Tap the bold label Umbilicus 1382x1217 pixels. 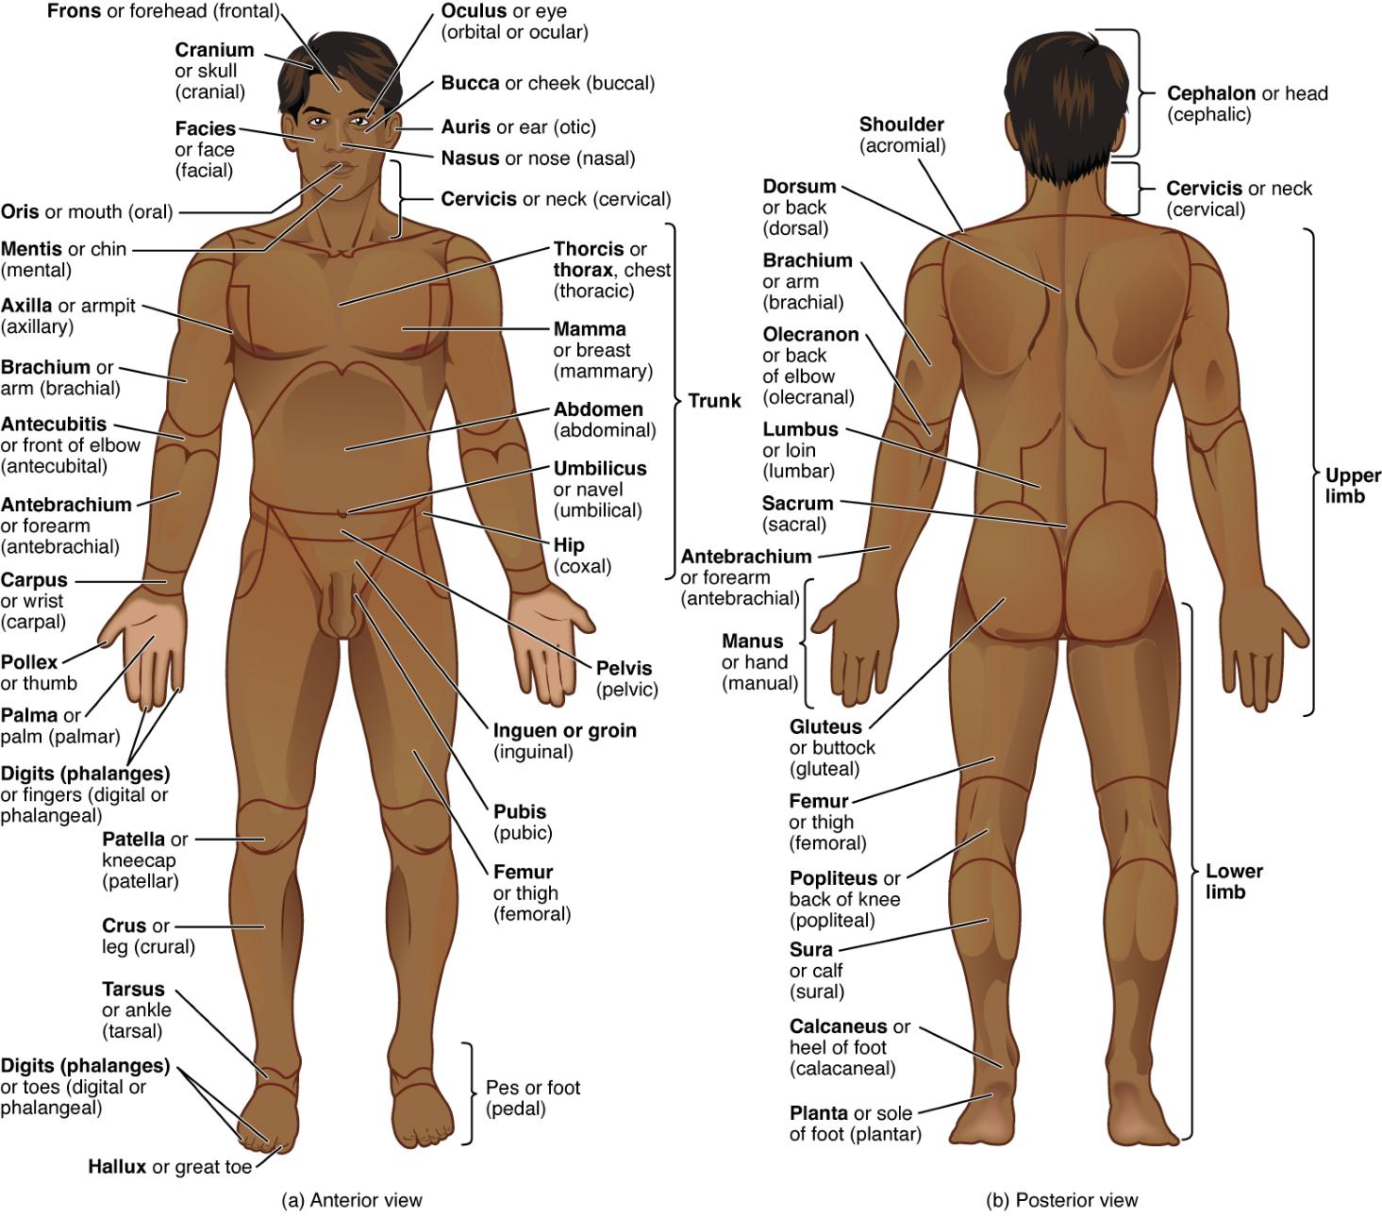point(600,469)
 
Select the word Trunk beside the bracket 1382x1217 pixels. point(714,400)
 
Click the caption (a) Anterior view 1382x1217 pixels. point(352,1200)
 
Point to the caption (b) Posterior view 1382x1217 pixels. point(1062,1200)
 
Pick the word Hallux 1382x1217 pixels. point(117,1166)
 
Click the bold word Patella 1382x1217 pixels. point(134,839)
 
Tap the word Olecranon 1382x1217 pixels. point(810,334)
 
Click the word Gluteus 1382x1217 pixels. point(825,726)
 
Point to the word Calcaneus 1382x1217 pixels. point(839,1026)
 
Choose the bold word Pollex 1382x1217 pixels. point(29,662)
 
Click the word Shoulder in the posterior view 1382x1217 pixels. point(901,125)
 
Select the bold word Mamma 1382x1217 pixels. point(590,329)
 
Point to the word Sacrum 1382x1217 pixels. point(797,504)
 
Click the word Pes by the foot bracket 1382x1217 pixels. point(500,1088)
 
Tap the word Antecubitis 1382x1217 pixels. point(54,425)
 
